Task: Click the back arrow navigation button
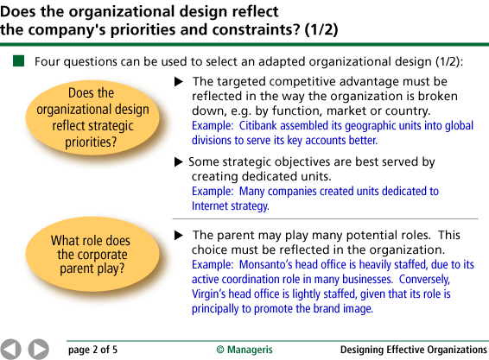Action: coord(10,350)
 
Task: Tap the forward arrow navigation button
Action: coord(39,350)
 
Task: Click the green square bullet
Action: coord(18,60)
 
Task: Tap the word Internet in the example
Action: coord(206,206)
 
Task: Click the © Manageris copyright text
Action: coord(244,350)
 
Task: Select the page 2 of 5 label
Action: coord(93,350)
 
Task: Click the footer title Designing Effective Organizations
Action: coord(414,350)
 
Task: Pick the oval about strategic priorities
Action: coord(92,117)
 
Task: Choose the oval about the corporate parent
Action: coord(92,255)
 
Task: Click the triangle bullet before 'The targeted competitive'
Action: coord(179,82)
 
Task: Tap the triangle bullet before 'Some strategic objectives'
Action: coord(179,162)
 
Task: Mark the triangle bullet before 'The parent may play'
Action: coord(179,236)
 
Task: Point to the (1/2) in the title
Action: coord(321,30)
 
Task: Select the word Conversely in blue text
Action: coord(424,279)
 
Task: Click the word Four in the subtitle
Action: coord(47,61)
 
